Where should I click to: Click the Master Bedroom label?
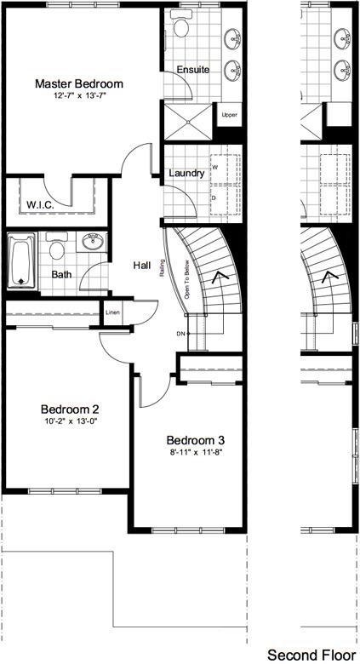pyautogui.click(x=79, y=83)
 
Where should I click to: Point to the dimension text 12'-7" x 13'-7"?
pyautogui.click(x=79, y=96)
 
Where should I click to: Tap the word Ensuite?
pyautogui.click(x=193, y=70)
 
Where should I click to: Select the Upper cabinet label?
pyautogui.click(x=229, y=115)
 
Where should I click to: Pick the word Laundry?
pyautogui.click(x=186, y=174)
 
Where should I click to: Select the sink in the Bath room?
pyautogui.click(x=94, y=243)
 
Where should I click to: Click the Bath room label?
pyautogui.click(x=61, y=275)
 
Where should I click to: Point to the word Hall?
pyautogui.click(x=142, y=266)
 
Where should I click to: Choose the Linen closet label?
pyautogui.click(x=113, y=312)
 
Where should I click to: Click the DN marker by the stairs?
pyautogui.click(x=180, y=333)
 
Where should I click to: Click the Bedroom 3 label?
pyautogui.click(x=195, y=440)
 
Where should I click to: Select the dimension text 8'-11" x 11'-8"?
pyautogui.click(x=195, y=453)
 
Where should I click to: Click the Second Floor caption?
pyautogui.click(x=311, y=655)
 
